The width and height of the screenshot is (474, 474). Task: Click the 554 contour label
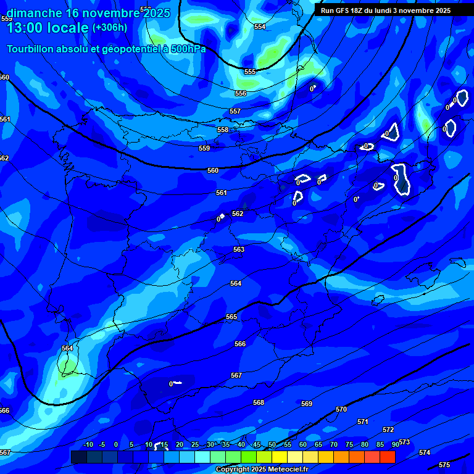pyautogui.click(x=260, y=27)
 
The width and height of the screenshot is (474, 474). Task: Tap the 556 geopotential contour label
pyautogui.click(x=241, y=93)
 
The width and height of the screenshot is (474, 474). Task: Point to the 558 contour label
pyautogui.click(x=223, y=130)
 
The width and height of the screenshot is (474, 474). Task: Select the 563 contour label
pyautogui.click(x=239, y=249)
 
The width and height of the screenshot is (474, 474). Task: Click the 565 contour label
pyautogui.click(x=231, y=317)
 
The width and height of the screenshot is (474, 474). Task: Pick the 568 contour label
pyautogui.click(x=259, y=402)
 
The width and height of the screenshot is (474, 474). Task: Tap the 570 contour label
pyautogui.click(x=341, y=409)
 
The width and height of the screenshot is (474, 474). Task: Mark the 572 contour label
pyautogui.click(x=388, y=430)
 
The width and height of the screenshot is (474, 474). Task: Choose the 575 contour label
pyautogui.click(x=444, y=465)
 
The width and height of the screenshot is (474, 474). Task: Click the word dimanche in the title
pyautogui.click(x=34, y=13)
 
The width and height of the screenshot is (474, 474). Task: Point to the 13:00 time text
pyautogui.click(x=25, y=28)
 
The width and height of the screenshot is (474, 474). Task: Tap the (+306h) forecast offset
pyautogui.click(x=110, y=28)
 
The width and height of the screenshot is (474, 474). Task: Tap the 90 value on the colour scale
pyautogui.click(x=396, y=444)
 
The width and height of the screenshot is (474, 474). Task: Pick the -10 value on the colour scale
pyautogui.click(x=88, y=444)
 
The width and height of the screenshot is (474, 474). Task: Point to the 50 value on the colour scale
pyautogui.click(x=272, y=444)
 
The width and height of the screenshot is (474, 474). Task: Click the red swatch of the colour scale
pyautogui.click(x=388, y=457)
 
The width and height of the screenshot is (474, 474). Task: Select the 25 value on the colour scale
pyautogui.click(x=195, y=444)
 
